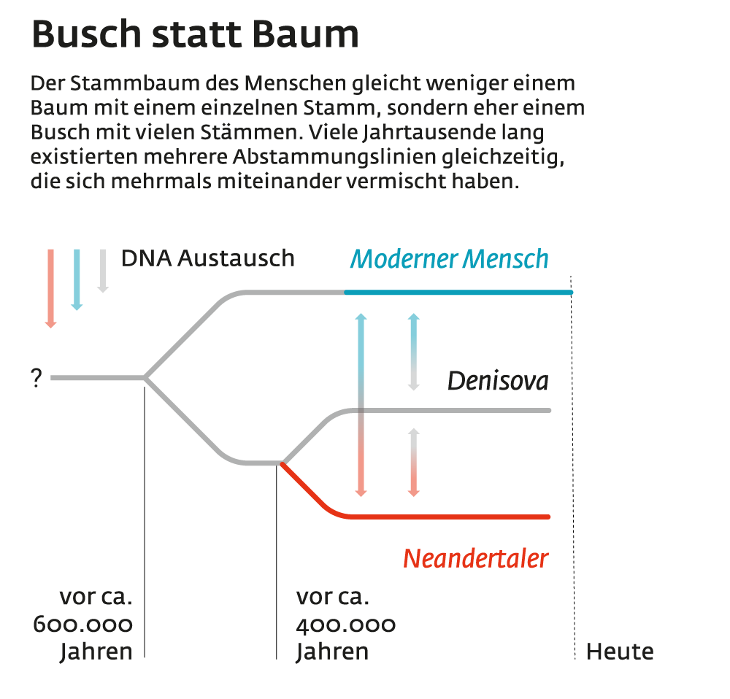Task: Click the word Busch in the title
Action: click(86, 34)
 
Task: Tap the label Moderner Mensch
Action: click(449, 259)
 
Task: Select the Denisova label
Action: click(498, 381)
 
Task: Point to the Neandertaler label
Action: click(476, 558)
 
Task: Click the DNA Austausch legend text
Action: click(207, 258)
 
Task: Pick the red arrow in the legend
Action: click(51, 288)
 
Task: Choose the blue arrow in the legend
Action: click(77, 279)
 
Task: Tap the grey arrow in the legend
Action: click(103, 271)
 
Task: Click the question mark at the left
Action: click(36, 378)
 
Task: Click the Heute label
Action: click(620, 652)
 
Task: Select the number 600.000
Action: click(83, 624)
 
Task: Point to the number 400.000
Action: click(346, 625)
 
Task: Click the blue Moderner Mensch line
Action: click(458, 293)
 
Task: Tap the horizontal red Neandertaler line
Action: click(449, 517)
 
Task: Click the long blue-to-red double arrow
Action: click(361, 405)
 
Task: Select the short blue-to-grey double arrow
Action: click(414, 352)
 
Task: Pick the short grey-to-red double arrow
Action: click(414, 462)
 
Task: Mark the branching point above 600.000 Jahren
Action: click(145, 377)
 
